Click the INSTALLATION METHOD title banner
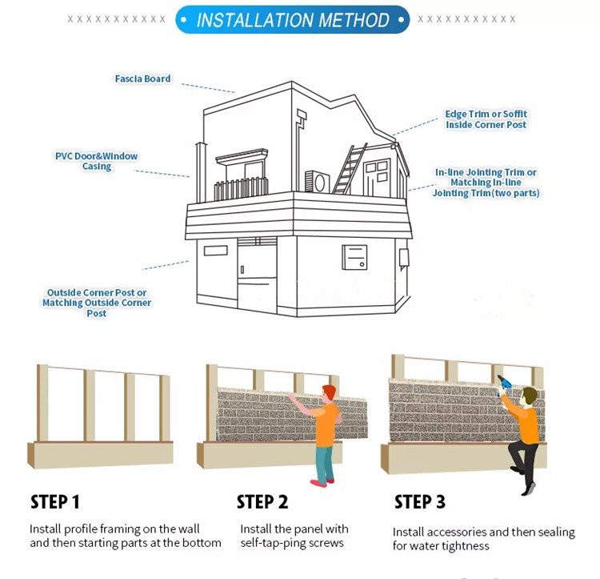[x=293, y=20]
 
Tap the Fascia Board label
[x=142, y=79]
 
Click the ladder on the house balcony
[x=350, y=169]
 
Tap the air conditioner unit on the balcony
[x=319, y=183]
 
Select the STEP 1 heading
[x=55, y=503]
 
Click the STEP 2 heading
[x=262, y=503]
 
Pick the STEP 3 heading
[x=419, y=502]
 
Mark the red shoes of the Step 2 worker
[x=319, y=482]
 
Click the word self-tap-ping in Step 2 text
[x=276, y=544]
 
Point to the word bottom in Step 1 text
[x=201, y=543]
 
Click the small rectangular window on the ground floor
[x=215, y=251]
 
